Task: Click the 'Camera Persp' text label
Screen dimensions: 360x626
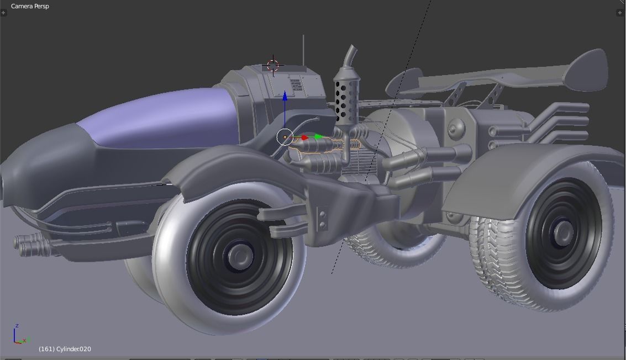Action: coord(30,6)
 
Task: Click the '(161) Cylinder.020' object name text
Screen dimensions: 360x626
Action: coord(65,349)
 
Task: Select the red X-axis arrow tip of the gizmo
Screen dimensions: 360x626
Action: coord(304,137)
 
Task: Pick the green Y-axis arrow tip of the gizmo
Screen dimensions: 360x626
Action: coord(319,137)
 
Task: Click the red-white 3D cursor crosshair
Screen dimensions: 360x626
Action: coord(273,66)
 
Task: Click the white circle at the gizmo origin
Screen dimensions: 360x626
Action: coord(285,137)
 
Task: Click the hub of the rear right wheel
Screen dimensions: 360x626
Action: coord(562,231)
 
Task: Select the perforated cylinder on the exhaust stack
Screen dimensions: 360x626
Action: coord(346,100)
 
